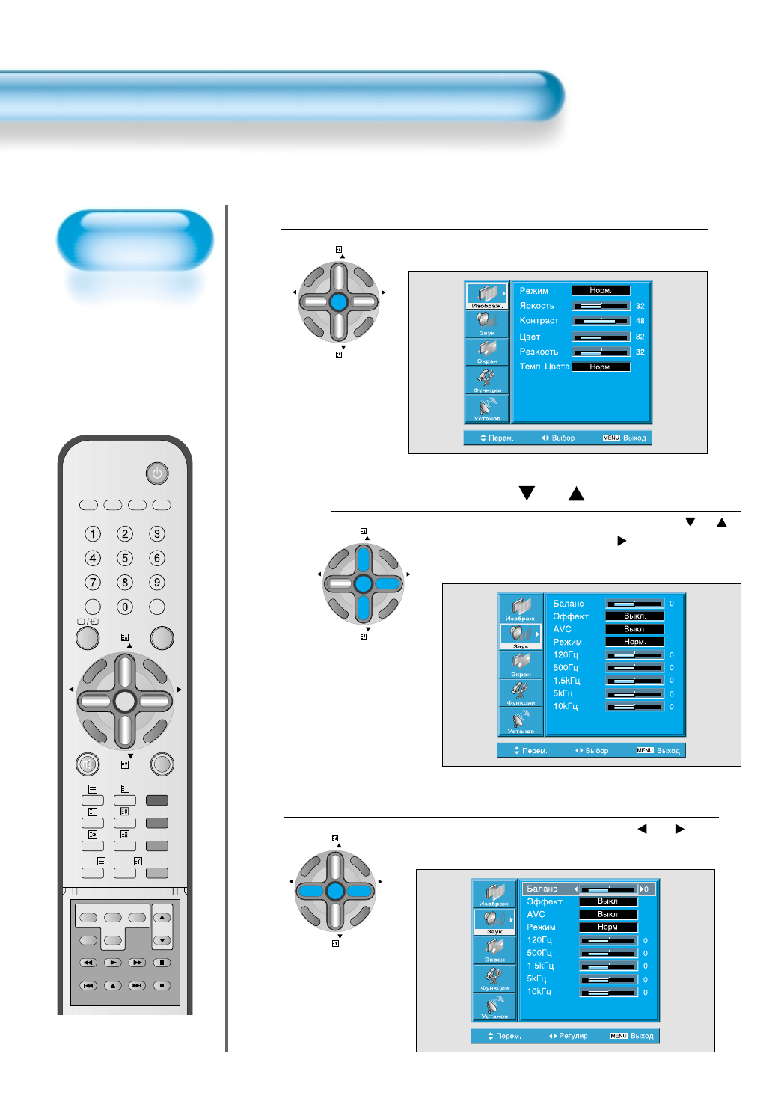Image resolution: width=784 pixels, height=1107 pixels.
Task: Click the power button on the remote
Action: tap(156, 473)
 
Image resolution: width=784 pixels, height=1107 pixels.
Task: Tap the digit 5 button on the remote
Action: tap(125, 558)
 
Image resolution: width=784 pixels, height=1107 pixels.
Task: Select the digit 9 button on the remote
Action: tap(157, 582)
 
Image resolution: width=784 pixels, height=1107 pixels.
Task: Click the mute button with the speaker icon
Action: tap(88, 764)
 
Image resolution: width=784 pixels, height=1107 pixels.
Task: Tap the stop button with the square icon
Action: tap(162, 963)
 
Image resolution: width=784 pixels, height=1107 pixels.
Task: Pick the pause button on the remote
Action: tap(162, 986)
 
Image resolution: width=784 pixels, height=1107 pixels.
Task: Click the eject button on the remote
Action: tap(113, 986)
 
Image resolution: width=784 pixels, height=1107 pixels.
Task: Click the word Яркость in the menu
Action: tap(537, 306)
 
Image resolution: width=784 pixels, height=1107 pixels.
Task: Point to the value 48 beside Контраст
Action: tap(640, 321)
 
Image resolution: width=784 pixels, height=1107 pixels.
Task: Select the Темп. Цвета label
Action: tap(545, 367)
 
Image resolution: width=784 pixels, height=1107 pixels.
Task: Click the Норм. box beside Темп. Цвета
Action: tap(601, 367)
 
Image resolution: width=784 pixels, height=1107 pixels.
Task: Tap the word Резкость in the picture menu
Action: tap(539, 352)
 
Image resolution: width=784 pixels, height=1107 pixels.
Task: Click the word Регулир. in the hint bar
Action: tap(574, 1036)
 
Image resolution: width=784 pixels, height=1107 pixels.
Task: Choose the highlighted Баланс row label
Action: tap(542, 889)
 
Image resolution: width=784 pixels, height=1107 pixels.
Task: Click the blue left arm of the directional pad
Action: tap(311, 891)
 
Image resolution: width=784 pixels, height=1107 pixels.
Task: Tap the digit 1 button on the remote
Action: tap(93, 534)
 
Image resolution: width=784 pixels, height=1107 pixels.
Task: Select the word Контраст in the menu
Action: tap(539, 321)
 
